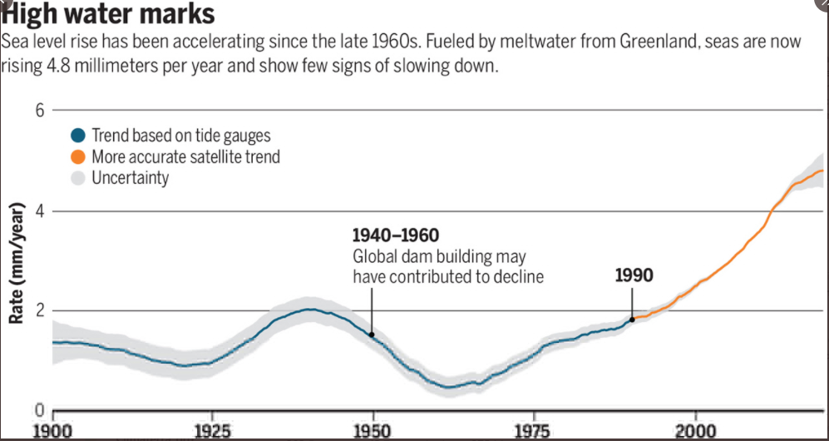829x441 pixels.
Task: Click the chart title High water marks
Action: (x=109, y=13)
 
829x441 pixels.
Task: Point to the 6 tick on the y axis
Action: (x=38, y=110)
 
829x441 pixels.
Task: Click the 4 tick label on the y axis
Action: (x=38, y=211)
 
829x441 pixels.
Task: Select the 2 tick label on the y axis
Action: (x=38, y=310)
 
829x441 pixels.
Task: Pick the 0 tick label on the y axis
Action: (x=38, y=410)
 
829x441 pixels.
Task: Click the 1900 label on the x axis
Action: (x=53, y=430)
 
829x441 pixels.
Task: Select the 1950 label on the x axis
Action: (x=373, y=430)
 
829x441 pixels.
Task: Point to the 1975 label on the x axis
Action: (x=533, y=430)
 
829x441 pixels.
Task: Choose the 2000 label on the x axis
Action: (x=693, y=430)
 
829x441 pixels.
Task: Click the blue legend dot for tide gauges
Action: (x=78, y=136)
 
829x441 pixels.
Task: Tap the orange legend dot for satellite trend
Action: (x=78, y=156)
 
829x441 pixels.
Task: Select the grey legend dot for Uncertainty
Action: (x=78, y=177)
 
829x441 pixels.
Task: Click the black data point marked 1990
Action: (x=632, y=319)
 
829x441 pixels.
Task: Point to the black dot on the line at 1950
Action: (x=372, y=334)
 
